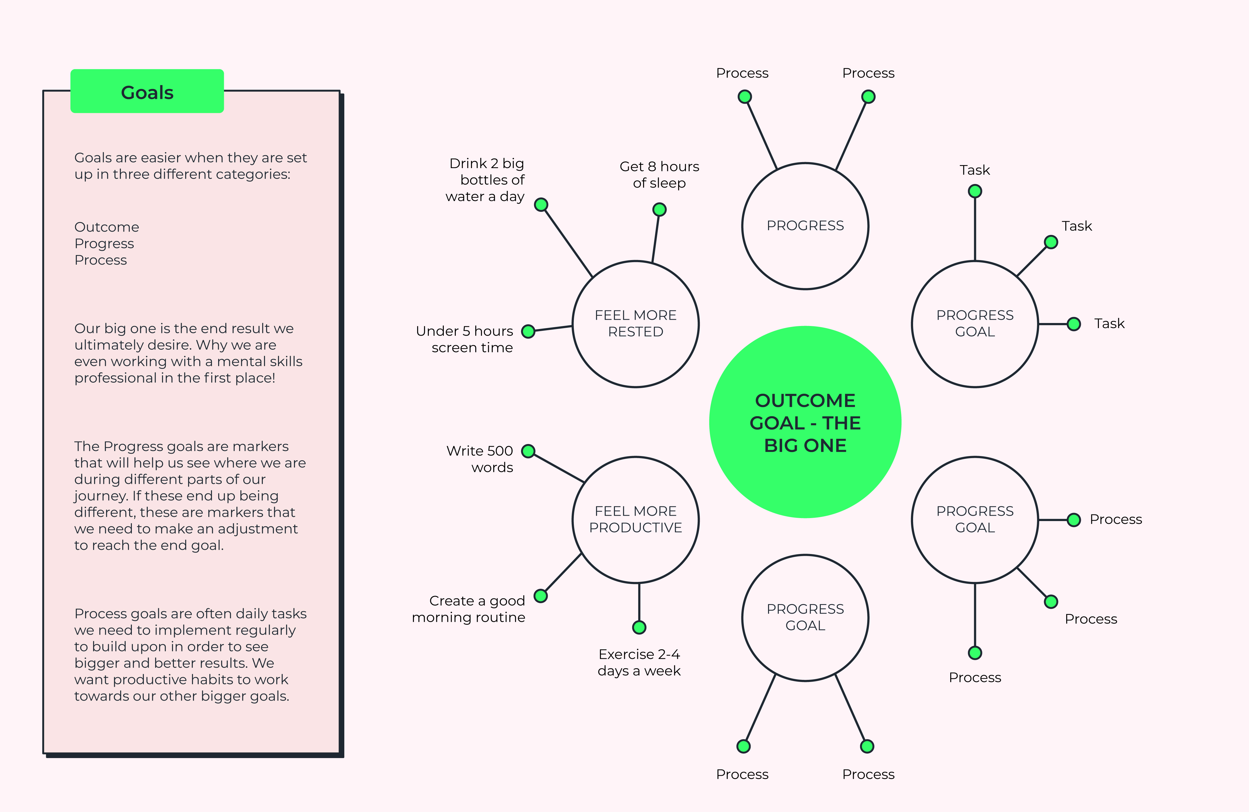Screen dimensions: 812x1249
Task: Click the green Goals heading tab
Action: click(x=147, y=91)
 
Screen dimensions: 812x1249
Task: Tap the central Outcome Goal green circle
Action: click(x=805, y=422)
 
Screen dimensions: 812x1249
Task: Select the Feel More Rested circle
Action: click(x=636, y=324)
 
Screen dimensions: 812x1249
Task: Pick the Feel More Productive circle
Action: click(x=636, y=520)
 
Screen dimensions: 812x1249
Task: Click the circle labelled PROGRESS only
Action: click(x=805, y=226)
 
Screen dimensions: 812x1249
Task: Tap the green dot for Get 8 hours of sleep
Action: click(x=659, y=209)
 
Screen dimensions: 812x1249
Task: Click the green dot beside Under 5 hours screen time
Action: click(x=528, y=331)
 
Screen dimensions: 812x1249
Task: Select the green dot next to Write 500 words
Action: click(x=528, y=451)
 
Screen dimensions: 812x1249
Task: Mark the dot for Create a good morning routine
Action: click(x=541, y=596)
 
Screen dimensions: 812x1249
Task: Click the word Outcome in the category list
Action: click(x=107, y=227)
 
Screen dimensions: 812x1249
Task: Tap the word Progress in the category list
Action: click(x=104, y=244)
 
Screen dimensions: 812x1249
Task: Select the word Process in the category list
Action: click(x=101, y=260)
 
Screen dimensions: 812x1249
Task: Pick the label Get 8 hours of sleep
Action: click(x=659, y=175)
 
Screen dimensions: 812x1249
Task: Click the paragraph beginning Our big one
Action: click(x=188, y=353)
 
